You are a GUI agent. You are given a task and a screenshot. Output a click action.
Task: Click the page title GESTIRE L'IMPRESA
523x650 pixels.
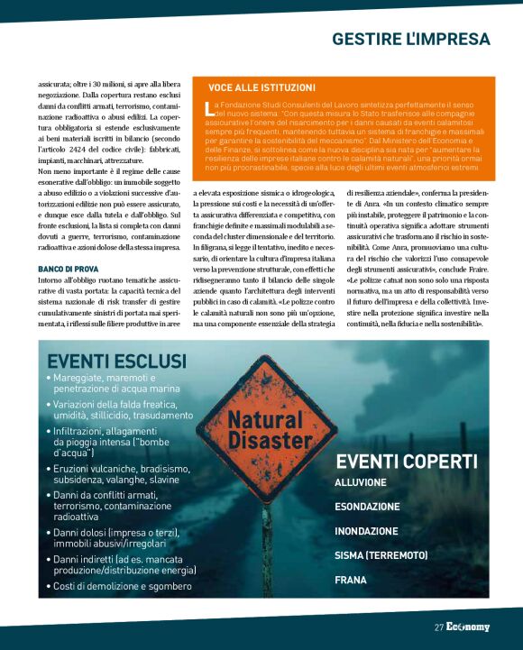[x=410, y=40]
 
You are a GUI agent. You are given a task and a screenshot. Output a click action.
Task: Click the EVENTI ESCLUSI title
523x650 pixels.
[x=117, y=362]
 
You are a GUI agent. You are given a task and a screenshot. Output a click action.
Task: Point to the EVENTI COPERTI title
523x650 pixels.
[x=407, y=462]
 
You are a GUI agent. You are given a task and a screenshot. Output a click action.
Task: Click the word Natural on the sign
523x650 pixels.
[x=265, y=421]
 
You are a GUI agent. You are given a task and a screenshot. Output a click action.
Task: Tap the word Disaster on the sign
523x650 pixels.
[x=265, y=441]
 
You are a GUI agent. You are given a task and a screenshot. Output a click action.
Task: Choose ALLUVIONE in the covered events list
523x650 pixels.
[x=361, y=483]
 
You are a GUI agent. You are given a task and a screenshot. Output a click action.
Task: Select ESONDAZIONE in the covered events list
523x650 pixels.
[x=367, y=507]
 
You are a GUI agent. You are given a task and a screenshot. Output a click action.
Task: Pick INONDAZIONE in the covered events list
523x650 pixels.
[x=366, y=531]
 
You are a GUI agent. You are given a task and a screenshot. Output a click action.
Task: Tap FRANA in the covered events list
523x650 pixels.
[x=351, y=580]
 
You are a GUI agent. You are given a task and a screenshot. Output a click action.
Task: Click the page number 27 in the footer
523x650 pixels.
[x=438, y=627]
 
